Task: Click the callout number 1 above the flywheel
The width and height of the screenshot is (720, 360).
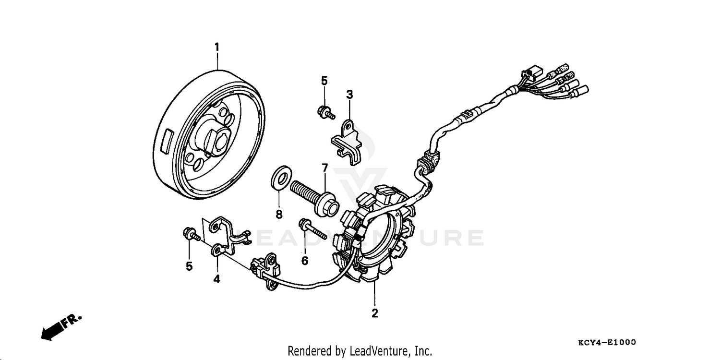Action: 216,47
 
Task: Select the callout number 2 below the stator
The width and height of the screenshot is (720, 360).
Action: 374,313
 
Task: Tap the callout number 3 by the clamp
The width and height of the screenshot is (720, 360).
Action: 349,95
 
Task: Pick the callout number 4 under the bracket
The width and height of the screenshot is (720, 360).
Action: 216,279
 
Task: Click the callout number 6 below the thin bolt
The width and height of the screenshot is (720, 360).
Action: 304,261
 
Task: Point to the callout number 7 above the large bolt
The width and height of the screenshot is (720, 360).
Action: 324,168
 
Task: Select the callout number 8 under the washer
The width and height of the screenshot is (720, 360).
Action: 279,214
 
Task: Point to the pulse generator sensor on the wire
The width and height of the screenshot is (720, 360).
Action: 264,272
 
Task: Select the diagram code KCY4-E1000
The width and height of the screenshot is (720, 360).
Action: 607,342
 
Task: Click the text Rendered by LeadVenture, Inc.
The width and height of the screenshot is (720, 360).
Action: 360,351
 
